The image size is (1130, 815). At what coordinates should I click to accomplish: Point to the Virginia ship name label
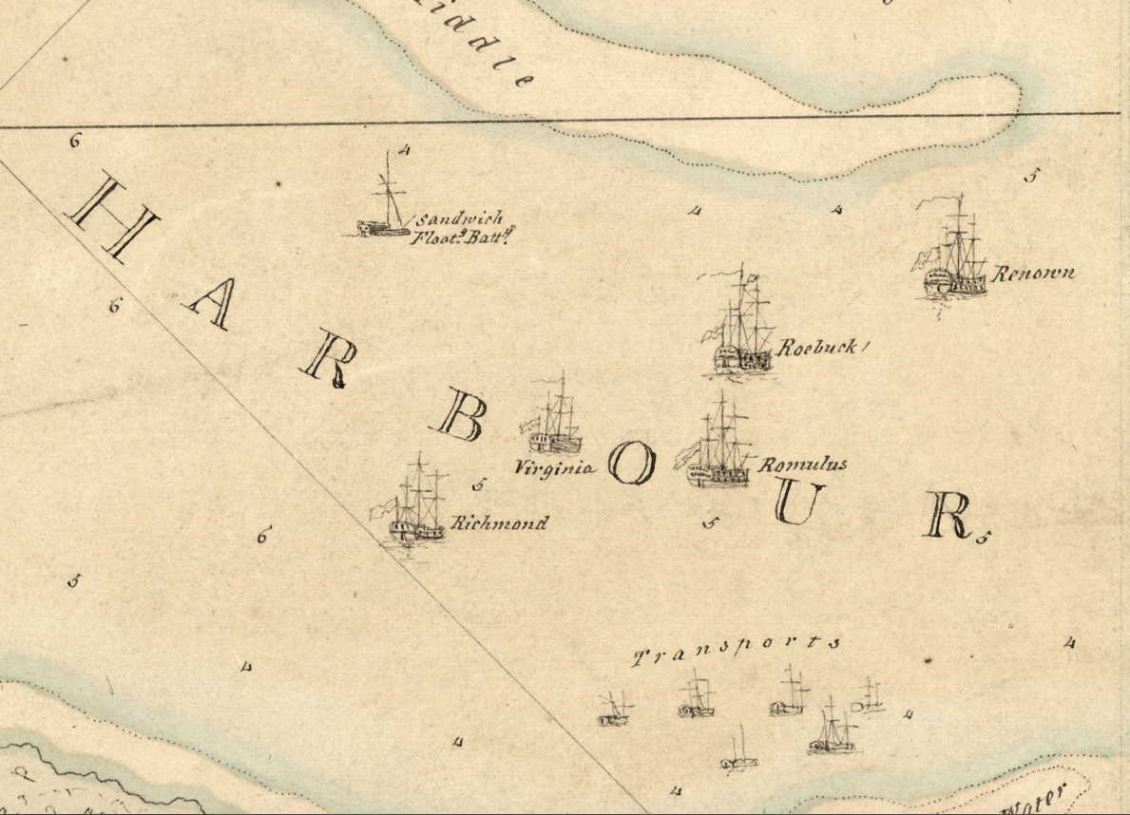click(x=555, y=466)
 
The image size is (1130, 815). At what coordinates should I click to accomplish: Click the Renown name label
click(x=1034, y=274)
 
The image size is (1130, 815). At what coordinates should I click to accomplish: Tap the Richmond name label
click(x=499, y=523)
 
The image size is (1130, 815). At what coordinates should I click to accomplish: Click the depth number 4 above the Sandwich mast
click(x=404, y=150)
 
